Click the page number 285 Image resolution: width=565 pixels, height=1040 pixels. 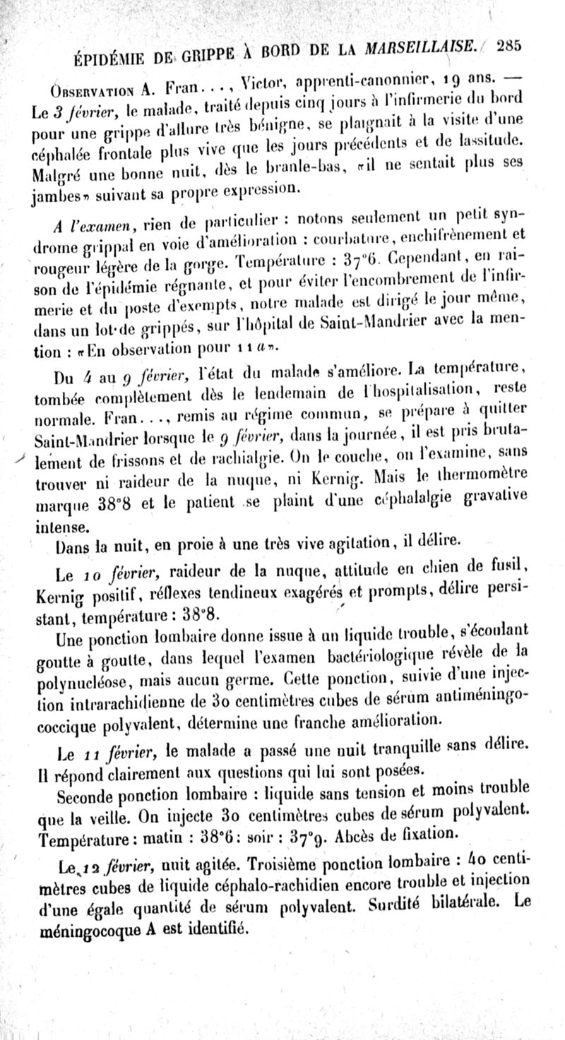[509, 46]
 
